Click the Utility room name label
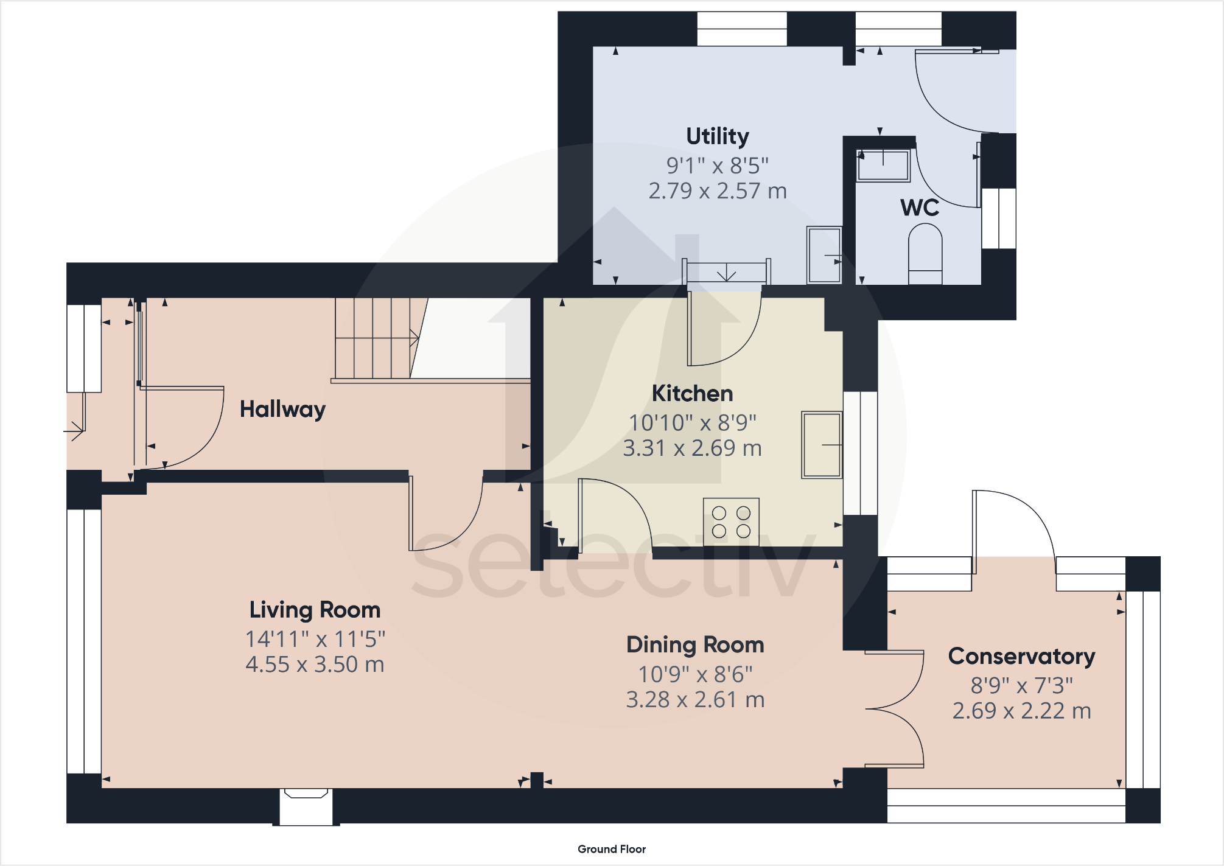(718, 137)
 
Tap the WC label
(920, 208)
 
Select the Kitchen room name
(693, 394)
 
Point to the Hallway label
(282, 410)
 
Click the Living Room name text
(315, 610)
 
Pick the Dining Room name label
(695, 644)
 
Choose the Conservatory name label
(1022, 656)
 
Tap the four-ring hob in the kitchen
(731, 522)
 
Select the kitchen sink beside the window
(822, 445)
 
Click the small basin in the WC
(883, 165)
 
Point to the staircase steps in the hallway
(376, 338)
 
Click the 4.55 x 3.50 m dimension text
(315, 665)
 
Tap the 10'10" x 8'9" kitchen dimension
(693, 422)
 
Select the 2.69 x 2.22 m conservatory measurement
(1022, 711)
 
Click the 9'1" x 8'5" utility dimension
(718, 166)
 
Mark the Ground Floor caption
(612, 849)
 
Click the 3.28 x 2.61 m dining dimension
(695, 700)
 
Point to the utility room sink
(825, 255)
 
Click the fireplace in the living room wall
(306, 806)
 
